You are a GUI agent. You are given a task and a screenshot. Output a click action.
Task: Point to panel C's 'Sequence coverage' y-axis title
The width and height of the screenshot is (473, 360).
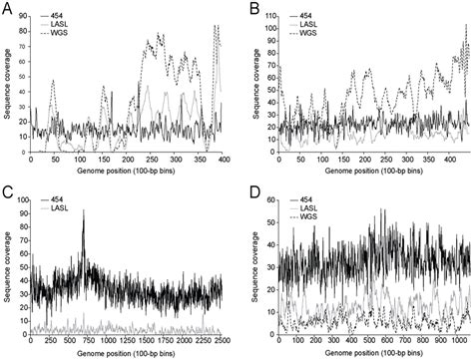click(8, 264)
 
